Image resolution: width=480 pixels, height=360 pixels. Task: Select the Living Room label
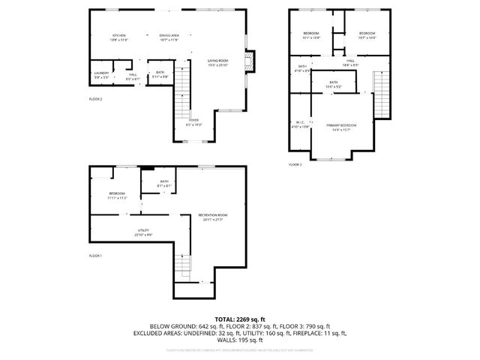pyautogui.click(x=217, y=62)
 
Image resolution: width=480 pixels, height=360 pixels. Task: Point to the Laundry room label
pyautogui.click(x=101, y=74)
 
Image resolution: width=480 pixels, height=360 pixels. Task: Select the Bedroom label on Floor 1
pyautogui.click(x=117, y=196)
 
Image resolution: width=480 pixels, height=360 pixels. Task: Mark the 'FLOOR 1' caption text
pyautogui.click(x=95, y=256)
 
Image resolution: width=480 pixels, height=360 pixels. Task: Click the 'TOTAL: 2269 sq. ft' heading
pyautogui.click(x=240, y=319)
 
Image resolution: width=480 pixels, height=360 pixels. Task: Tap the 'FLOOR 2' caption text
pyautogui.click(x=95, y=99)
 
